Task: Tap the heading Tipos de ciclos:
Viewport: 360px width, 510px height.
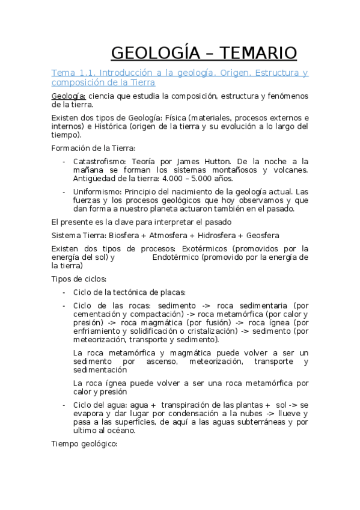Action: [79, 278]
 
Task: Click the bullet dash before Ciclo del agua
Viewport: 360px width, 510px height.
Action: [64, 405]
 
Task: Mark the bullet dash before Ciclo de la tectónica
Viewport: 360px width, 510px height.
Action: [64, 292]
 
